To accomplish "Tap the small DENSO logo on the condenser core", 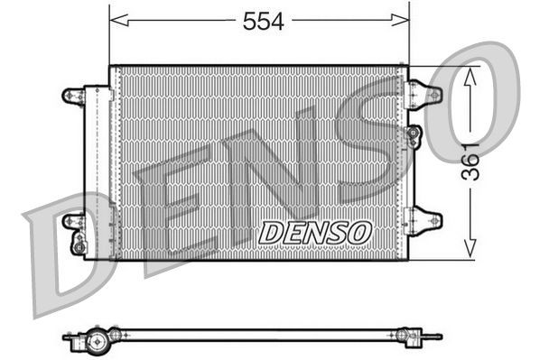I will tap(315, 232).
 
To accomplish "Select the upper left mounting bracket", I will tap(72, 95).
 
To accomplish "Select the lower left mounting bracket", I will tap(72, 220).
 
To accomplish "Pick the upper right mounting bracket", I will tap(424, 93).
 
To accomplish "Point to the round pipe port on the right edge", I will tap(414, 135).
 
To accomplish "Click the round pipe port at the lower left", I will tap(79, 244).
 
